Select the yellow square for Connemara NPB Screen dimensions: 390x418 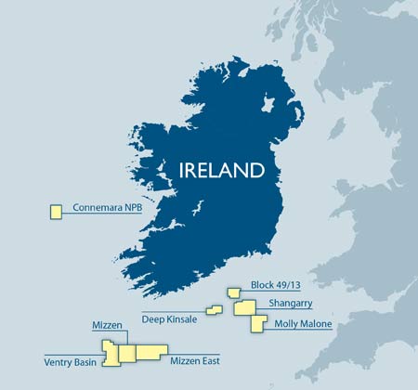(x=56, y=212)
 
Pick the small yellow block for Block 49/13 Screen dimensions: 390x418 (x=233, y=292)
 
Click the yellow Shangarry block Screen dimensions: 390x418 (x=244, y=306)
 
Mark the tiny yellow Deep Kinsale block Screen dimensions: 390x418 (x=214, y=310)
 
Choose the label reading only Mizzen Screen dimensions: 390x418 (x=110, y=326)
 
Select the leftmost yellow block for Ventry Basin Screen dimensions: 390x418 (x=110, y=355)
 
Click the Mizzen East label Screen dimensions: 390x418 (x=199, y=359)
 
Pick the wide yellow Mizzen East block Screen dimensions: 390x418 (x=150, y=351)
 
